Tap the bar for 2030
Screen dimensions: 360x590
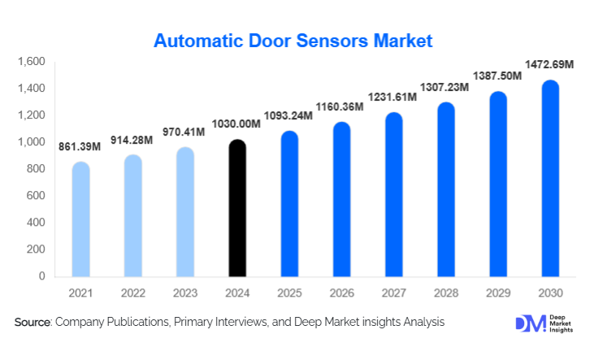click(550, 179)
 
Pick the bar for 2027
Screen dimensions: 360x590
click(393, 195)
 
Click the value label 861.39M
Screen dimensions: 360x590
click(80, 147)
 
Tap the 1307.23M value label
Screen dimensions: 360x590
click(444, 87)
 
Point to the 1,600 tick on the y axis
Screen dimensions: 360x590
click(30, 62)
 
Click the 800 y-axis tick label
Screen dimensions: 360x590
click(35, 169)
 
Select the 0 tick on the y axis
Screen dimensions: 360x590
click(41, 276)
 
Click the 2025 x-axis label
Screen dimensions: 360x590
click(289, 292)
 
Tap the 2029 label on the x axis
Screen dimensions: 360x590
click(498, 292)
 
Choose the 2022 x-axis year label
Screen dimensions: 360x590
click(132, 292)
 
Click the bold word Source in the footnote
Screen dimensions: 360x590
click(33, 323)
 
